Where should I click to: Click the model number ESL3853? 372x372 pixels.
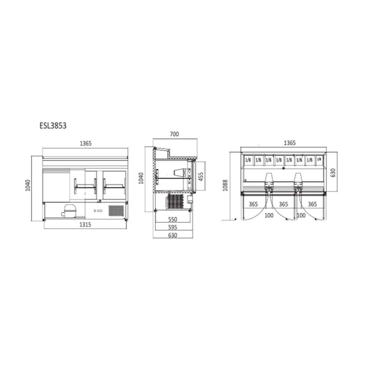pos(53,125)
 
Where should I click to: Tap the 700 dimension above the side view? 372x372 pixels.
pos(174,134)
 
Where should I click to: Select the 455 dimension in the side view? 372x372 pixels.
pos(201,177)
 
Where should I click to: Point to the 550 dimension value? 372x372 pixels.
pos(173,219)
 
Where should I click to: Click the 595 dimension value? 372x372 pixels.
pos(173,227)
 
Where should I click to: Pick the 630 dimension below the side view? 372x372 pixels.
pos(173,235)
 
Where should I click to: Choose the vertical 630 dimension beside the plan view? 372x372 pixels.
pos(333,173)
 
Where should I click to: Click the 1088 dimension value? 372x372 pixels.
pos(225,185)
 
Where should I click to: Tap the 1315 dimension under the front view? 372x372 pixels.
pos(85,224)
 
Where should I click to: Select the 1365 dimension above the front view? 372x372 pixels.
pos(86,143)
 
